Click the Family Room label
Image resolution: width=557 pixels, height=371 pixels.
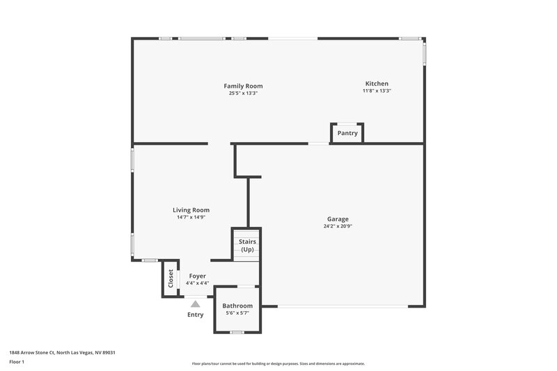click(x=243, y=86)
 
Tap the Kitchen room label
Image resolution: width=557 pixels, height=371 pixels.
click(x=377, y=84)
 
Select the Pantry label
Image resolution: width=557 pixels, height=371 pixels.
click(x=347, y=133)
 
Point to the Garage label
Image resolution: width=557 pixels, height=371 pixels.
click(x=338, y=219)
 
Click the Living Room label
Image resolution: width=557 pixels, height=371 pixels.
click(x=191, y=210)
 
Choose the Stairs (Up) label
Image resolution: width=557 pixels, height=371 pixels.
click(x=247, y=245)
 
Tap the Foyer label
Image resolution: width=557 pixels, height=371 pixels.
click(x=198, y=276)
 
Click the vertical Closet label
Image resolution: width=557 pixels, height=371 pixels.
click(x=171, y=278)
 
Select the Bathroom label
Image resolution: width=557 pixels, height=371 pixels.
click(x=237, y=306)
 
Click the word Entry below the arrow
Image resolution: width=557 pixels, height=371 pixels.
click(x=196, y=315)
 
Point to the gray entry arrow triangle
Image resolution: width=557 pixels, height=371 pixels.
click(x=196, y=303)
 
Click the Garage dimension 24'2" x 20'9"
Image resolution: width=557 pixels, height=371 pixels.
click(x=338, y=226)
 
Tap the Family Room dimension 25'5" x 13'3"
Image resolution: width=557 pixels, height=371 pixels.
click(x=243, y=93)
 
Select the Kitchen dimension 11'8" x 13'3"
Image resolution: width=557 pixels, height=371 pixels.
click(x=377, y=90)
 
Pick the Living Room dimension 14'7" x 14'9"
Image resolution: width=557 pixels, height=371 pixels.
click(x=191, y=217)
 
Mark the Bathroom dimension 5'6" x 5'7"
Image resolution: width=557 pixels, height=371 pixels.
click(x=237, y=313)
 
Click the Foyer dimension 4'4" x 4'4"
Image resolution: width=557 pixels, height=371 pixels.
click(x=198, y=283)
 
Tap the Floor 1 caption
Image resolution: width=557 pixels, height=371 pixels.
click(x=17, y=362)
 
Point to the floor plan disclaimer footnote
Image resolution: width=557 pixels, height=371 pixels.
click(x=278, y=363)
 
